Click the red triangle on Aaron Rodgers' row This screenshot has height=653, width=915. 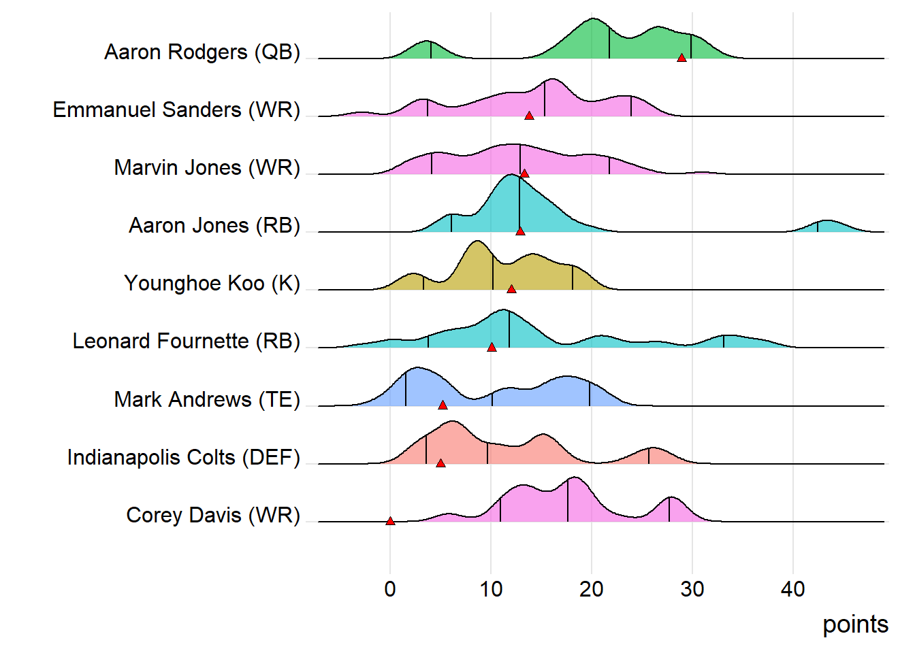681,58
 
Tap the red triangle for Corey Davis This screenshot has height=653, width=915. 390,521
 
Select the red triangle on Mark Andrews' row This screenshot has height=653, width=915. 443,405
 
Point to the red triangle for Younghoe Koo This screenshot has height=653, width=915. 511,289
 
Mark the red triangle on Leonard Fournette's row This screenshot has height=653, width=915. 492,347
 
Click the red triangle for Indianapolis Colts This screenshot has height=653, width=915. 440,463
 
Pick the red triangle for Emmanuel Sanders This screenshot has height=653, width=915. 529,116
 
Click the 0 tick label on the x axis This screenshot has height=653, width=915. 390,589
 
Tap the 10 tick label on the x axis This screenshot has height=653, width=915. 491,589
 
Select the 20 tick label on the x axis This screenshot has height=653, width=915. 592,589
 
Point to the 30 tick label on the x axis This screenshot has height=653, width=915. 692,589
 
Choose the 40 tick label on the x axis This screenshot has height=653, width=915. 793,589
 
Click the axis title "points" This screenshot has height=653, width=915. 855,624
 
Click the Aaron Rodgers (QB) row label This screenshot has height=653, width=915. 202,52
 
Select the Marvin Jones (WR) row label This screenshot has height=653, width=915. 207,168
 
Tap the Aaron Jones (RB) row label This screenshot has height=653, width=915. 214,226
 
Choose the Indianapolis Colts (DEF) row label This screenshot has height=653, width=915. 184,458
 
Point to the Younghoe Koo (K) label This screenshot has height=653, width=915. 212,284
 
